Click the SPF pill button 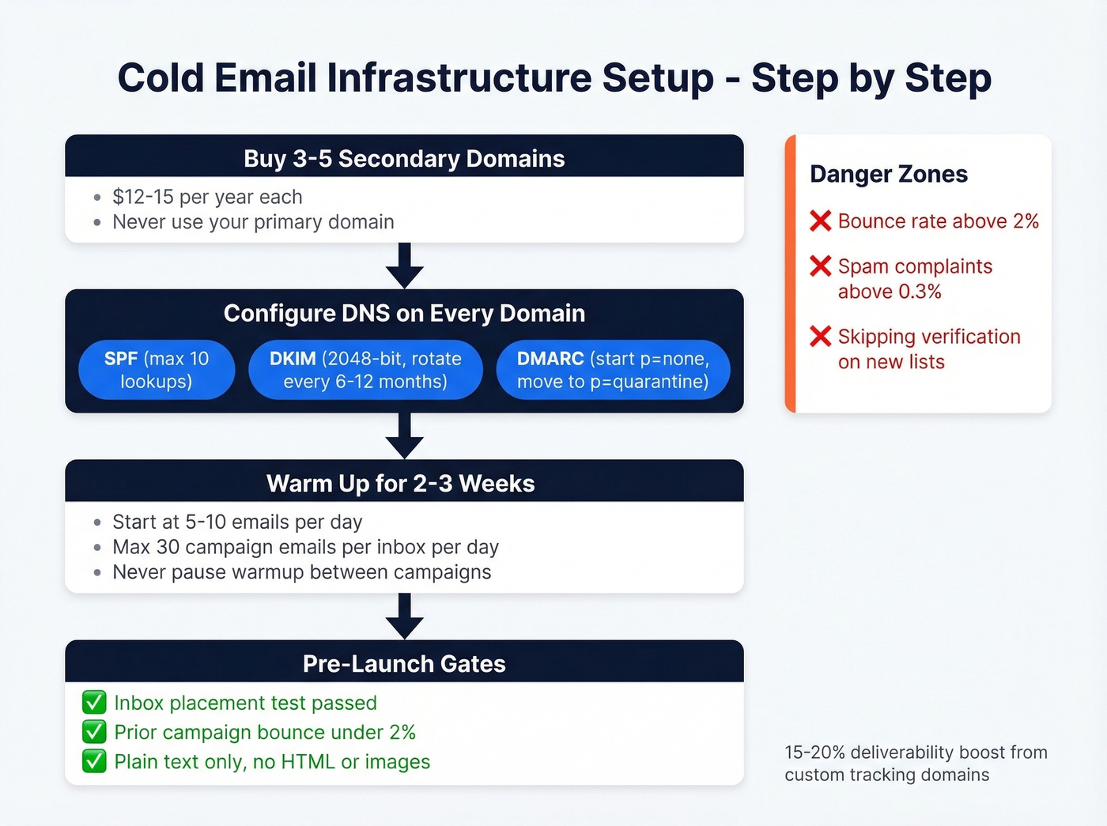(157, 370)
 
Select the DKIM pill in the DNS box (365, 370)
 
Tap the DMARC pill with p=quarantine (613, 370)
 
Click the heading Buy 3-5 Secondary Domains (404, 158)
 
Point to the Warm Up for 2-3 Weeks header (400, 483)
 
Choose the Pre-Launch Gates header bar (404, 663)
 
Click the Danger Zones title (888, 174)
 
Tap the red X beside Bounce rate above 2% (821, 221)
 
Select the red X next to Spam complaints (821, 266)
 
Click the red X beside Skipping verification (821, 337)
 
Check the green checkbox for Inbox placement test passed (94, 702)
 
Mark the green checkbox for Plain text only (94, 761)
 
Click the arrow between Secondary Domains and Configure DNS (405, 266)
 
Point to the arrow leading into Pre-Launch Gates (405, 617)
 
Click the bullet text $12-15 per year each (207, 197)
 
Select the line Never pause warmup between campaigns (301, 572)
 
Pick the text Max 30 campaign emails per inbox (305, 547)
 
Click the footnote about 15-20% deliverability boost (915, 764)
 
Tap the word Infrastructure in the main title (459, 77)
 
